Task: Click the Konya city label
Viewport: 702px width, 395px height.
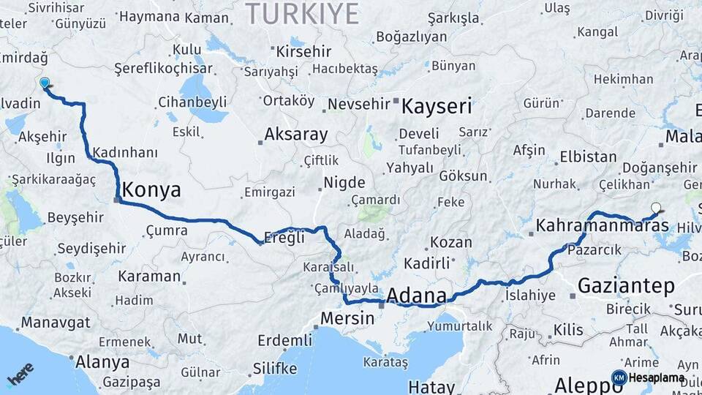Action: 151,190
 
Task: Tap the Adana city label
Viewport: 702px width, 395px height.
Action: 416,296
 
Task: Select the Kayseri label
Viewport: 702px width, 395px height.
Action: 437,107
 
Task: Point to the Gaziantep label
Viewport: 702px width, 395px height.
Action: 626,286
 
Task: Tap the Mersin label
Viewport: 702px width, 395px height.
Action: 347,319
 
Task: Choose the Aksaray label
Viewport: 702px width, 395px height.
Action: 296,135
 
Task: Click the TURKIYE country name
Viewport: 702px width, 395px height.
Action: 302,14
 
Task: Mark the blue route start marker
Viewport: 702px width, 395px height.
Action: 45,83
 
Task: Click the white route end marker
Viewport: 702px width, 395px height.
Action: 656,208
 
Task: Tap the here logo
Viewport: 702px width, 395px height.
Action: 20,375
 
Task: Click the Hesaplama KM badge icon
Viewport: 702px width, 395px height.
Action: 619,377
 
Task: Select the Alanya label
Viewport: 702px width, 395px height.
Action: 103,361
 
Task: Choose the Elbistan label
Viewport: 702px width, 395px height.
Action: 588,157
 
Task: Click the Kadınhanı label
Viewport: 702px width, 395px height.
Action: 125,152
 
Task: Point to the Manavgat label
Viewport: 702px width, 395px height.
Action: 56,323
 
